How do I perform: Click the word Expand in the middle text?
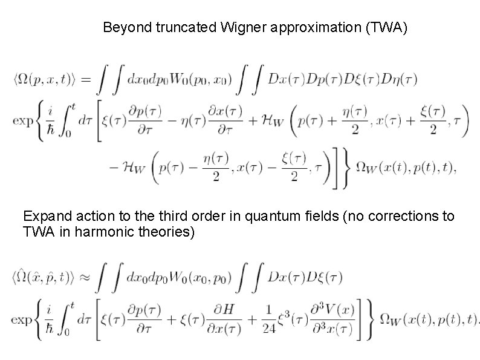pos(43,216)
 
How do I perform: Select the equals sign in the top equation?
pos(87,79)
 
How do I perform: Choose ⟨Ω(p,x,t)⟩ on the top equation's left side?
pos(46,79)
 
